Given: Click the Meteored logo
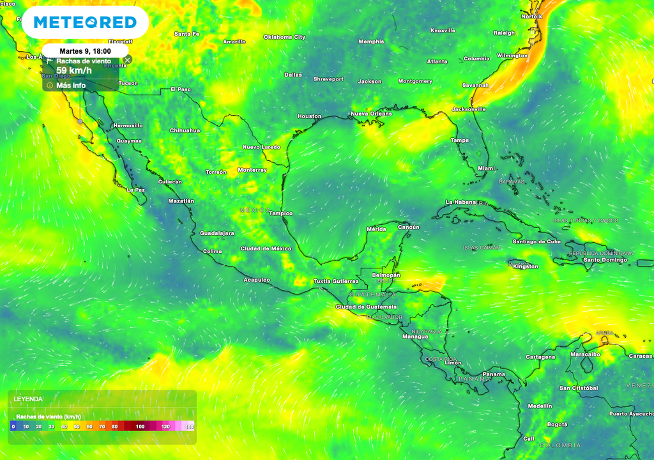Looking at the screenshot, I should [x=85, y=23].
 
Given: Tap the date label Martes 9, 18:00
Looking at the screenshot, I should [x=85, y=50].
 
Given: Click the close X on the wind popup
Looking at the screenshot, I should [x=127, y=60].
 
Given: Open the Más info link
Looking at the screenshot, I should [x=70, y=85].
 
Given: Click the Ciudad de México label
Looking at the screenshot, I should [x=266, y=249].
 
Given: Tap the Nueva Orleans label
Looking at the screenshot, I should [x=371, y=114].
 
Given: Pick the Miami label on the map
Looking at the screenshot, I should [x=487, y=168].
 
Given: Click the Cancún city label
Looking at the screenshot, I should [x=408, y=227].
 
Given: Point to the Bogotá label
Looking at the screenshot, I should [x=557, y=424].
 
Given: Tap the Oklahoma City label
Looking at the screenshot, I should [x=285, y=37].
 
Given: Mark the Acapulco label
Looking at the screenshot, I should [x=257, y=280].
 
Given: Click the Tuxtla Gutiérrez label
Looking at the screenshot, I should [x=336, y=281].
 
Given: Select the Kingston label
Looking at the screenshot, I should [x=525, y=266].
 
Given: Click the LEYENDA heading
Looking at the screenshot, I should [x=28, y=399].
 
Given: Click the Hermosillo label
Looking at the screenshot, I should [x=128, y=125].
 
